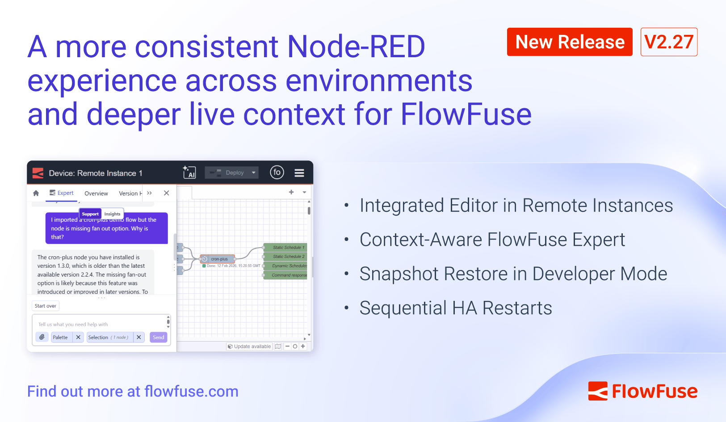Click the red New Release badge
569,42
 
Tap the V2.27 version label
668,42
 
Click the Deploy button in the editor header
231,173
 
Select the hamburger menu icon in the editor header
299,173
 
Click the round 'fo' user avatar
277,172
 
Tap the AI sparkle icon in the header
189,172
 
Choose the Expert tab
62,193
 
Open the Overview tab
96,194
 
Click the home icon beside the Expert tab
36,193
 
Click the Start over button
46,306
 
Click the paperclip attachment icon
42,337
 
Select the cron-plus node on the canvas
218,259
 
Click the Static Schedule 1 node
286,247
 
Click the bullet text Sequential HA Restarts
455,308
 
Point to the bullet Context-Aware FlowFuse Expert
492,240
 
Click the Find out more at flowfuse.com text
133,391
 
